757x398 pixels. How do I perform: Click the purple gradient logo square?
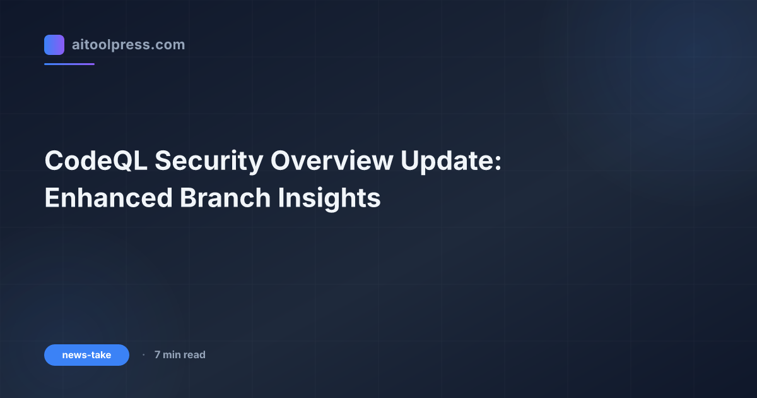pos(54,45)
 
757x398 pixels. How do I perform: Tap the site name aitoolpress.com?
pos(128,45)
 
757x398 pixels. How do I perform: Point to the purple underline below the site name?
pos(69,64)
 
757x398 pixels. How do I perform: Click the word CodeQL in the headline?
pos(95,162)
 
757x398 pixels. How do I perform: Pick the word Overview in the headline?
pos(332,162)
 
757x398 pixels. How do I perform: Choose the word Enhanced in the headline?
pos(108,198)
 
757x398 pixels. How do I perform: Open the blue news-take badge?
pos(86,355)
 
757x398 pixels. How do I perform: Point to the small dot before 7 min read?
pos(143,355)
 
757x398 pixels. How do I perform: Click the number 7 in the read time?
pos(158,355)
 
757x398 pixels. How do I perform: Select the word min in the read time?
pos(172,355)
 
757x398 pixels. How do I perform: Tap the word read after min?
pos(195,355)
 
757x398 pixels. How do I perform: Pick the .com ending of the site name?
pos(171,45)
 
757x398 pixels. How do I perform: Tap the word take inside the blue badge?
pos(100,355)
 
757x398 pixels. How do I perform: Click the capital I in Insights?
pos(281,198)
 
